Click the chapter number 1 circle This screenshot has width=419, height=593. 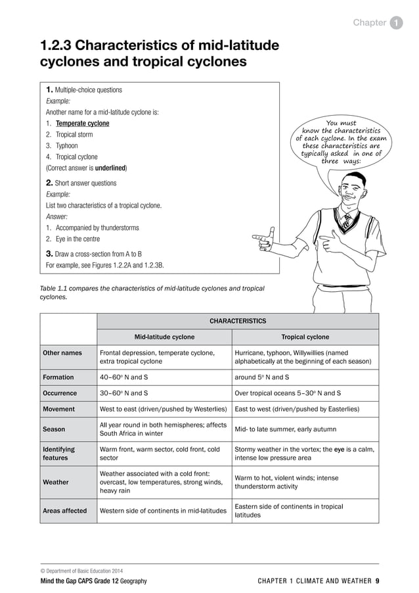397,23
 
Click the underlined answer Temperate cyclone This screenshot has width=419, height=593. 82,124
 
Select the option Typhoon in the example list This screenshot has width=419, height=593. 66,146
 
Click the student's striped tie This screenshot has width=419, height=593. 347,219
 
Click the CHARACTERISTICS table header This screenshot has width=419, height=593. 238,321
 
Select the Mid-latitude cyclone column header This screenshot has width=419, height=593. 164,337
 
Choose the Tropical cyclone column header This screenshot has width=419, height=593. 305,337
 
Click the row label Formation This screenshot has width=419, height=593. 58,377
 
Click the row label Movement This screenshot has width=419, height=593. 59,409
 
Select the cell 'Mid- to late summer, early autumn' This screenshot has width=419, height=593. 290,429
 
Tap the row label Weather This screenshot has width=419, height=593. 56,482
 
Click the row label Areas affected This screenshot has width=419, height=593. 65,510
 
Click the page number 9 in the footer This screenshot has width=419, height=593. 377,581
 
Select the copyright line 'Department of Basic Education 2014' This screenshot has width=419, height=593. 82,571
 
